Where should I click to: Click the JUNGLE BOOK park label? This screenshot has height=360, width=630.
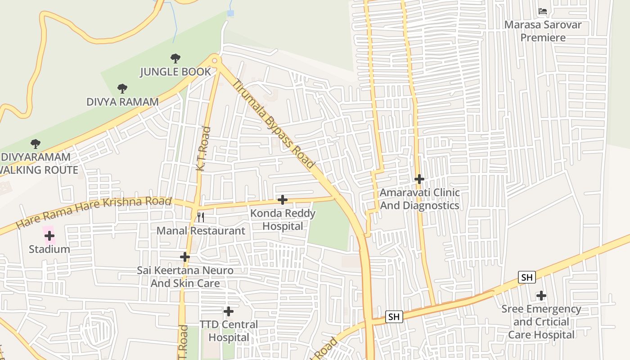point(175,72)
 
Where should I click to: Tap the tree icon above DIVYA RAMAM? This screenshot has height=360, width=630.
point(122,88)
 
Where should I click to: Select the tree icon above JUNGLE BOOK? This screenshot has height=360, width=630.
point(175,58)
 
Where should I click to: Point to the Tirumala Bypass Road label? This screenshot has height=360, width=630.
point(273,124)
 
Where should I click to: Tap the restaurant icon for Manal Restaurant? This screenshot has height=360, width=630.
point(201,217)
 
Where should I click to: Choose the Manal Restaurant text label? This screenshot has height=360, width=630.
point(201,231)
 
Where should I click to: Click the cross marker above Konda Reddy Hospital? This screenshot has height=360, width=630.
point(283,200)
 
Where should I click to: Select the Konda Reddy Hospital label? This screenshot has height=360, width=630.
point(283,219)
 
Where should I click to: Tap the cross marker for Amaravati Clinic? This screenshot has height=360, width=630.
point(419,179)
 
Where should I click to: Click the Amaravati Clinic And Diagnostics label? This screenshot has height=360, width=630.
point(419,199)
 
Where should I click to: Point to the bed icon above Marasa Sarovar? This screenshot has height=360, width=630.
point(543,11)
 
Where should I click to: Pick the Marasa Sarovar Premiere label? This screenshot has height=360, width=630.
point(543,31)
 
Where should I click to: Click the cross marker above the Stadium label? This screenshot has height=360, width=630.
point(49,236)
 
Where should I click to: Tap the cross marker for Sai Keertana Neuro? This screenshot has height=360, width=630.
point(185,257)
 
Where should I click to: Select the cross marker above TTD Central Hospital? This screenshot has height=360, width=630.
point(229,311)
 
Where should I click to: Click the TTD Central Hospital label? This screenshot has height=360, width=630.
point(229,331)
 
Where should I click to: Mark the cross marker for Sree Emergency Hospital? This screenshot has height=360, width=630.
point(541,296)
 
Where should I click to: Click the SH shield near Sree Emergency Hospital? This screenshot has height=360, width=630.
point(526,277)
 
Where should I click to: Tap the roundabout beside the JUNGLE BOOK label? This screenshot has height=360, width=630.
point(215,61)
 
